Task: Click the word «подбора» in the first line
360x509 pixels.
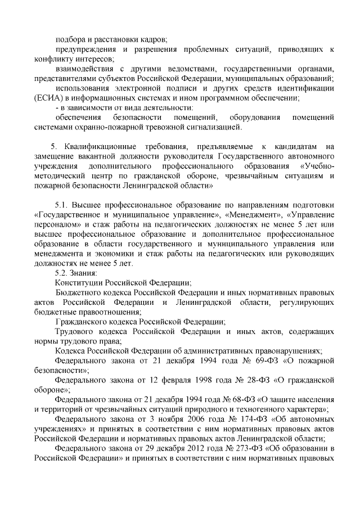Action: click(x=70, y=39)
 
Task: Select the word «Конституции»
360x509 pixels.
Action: click(x=78, y=282)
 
